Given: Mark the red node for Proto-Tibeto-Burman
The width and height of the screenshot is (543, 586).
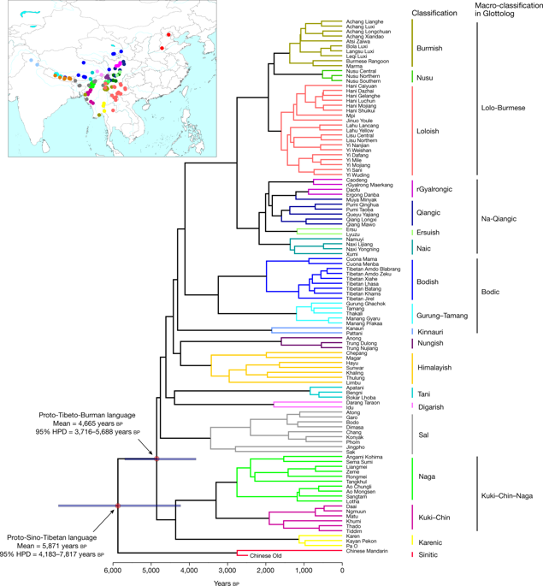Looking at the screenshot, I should point(156,459).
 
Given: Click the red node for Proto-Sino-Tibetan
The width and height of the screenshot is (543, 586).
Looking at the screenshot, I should point(118,506).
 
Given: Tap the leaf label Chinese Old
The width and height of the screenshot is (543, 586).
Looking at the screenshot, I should point(267,556).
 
